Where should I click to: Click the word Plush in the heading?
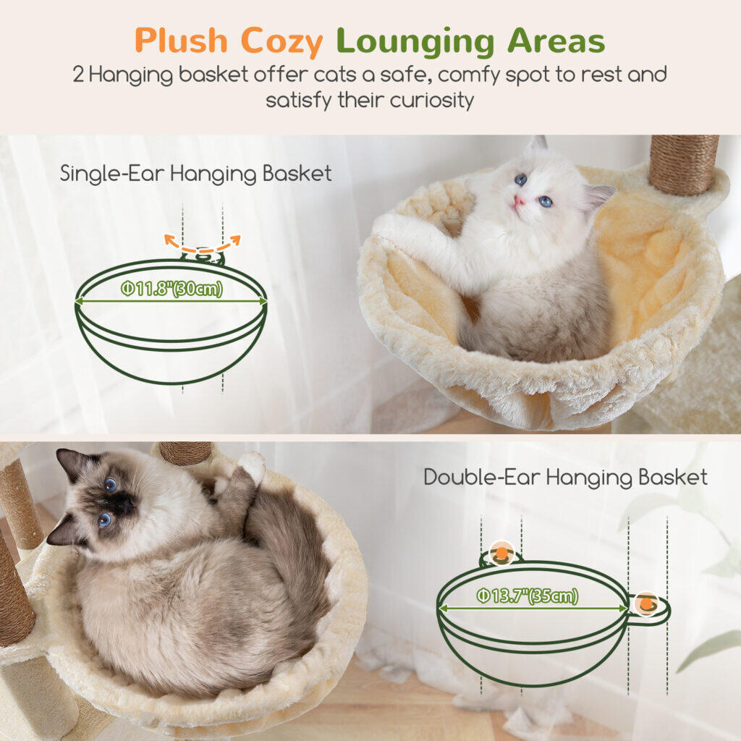182,41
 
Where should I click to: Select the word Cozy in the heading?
281,43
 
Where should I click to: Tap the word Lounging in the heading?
415,43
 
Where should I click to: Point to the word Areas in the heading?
556,41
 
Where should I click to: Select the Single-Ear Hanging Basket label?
195,174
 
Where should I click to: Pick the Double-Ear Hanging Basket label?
566,478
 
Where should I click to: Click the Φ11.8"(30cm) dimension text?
172,289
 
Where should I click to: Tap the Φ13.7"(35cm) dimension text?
528,596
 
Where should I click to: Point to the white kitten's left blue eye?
520,179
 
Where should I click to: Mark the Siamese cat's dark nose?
127,506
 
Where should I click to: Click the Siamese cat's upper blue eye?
111,484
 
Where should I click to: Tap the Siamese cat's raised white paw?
252,466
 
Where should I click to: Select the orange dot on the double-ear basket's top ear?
502,551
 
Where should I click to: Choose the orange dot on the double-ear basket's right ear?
646,604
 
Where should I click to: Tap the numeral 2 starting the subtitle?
78,75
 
